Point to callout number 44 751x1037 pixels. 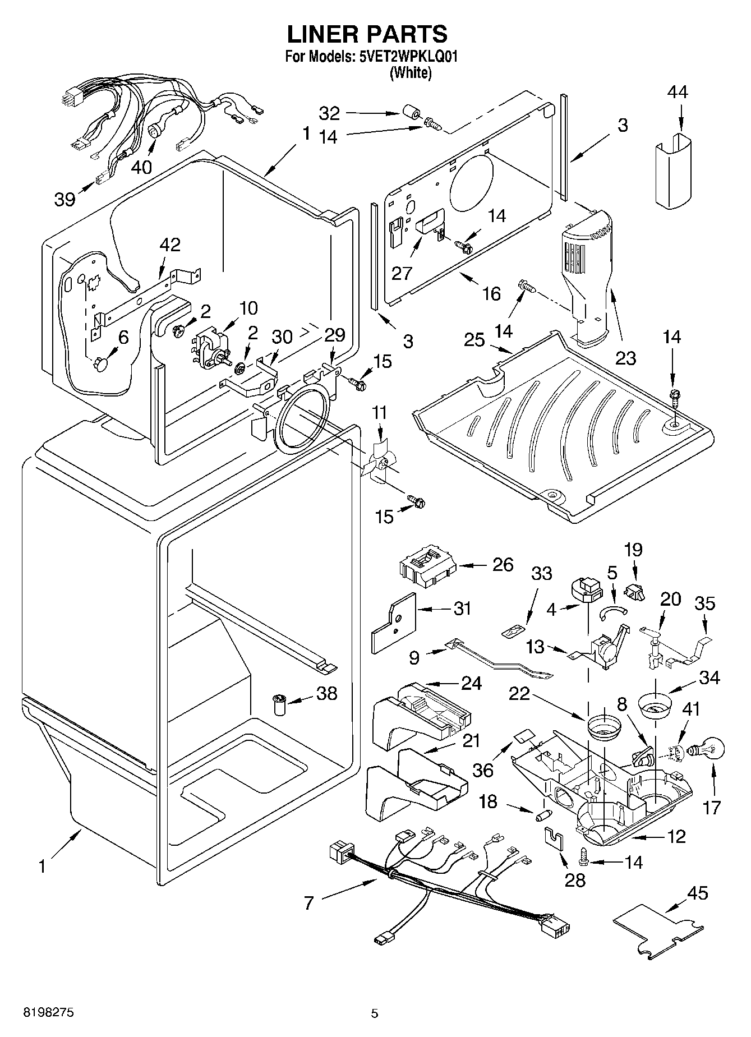point(677,92)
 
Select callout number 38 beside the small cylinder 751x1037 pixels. point(326,693)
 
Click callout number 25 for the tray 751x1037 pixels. point(474,340)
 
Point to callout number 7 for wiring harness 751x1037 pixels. point(308,902)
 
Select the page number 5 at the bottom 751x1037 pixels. point(375,1013)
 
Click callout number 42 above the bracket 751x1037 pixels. point(170,245)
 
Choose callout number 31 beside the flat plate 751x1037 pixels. point(462,609)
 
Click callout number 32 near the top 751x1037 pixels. point(329,113)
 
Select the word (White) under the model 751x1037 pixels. point(411,72)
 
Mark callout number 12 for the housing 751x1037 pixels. point(676,837)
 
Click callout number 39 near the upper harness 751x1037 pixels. point(65,199)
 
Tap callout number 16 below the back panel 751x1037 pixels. point(491,293)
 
